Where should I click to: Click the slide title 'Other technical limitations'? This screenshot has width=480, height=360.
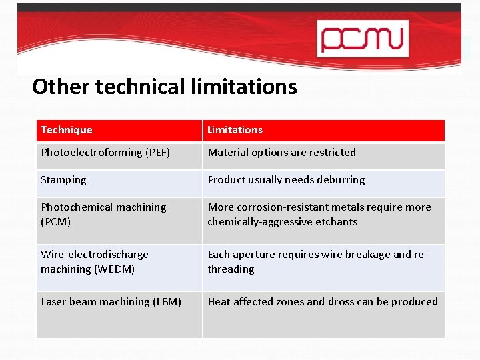[x=165, y=87]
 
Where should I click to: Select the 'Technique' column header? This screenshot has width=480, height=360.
[x=67, y=130]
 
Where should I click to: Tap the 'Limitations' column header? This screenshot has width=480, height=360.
[x=235, y=130]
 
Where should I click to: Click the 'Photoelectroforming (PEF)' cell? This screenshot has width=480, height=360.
[x=105, y=153]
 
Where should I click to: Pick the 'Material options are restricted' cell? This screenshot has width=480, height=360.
[x=281, y=153]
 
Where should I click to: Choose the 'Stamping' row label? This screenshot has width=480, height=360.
[x=63, y=180]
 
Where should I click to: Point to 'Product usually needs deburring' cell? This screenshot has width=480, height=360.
[x=286, y=180]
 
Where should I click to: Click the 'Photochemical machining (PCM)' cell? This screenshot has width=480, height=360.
[x=103, y=214]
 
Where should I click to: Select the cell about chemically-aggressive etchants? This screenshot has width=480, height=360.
[x=319, y=214]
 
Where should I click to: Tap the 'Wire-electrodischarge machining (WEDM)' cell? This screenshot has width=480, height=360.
[x=95, y=261]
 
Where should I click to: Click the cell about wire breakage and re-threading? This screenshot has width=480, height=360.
[x=317, y=261]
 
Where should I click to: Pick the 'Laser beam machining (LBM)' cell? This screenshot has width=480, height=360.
[x=111, y=302]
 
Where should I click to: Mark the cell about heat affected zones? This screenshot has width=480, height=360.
[x=323, y=302]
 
